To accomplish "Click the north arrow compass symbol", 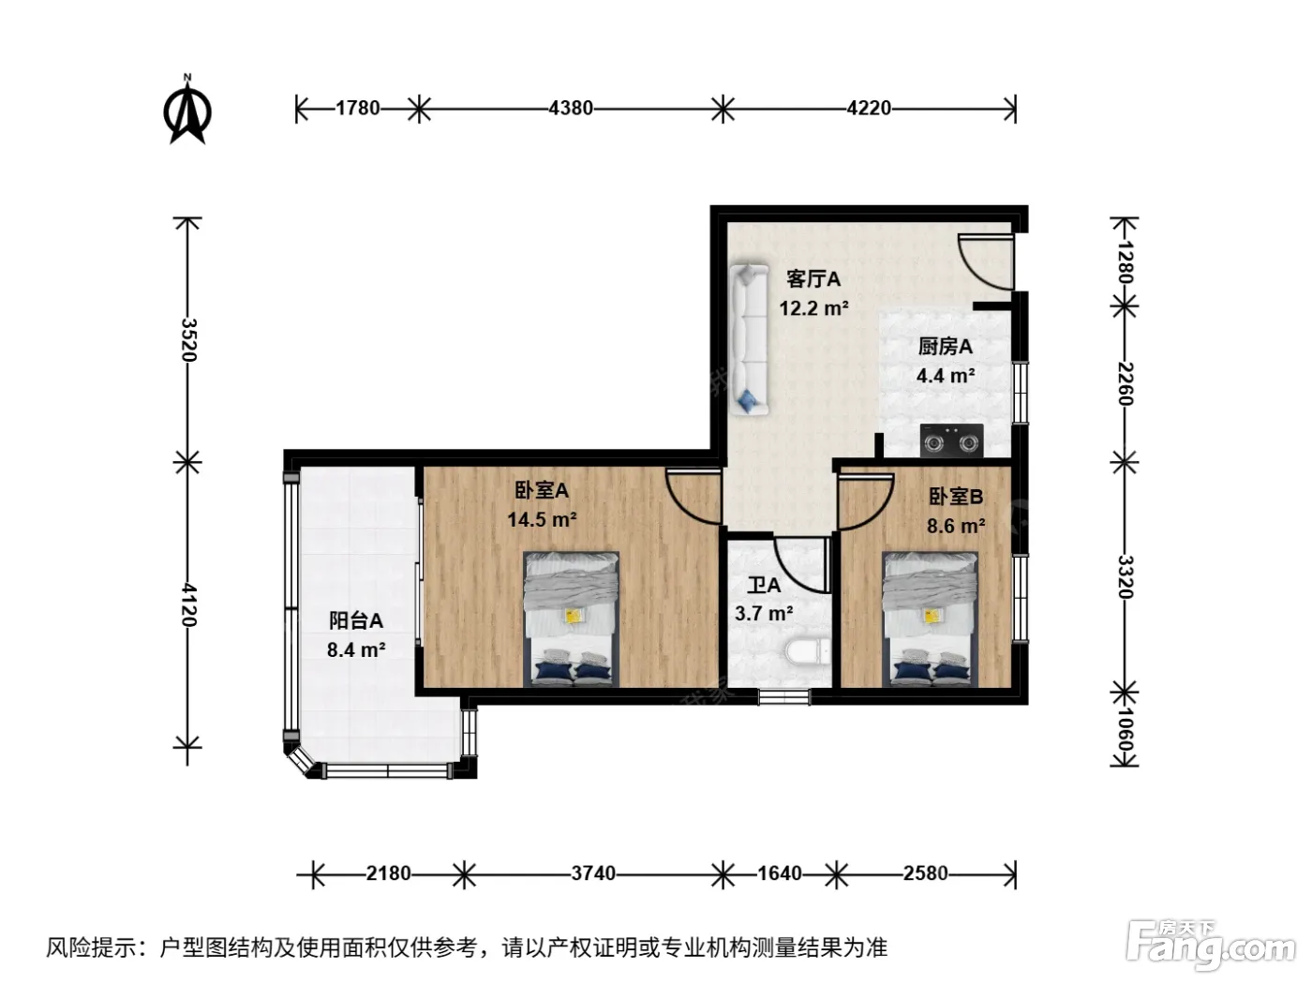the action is click(187, 111).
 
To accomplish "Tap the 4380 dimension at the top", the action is click(571, 108).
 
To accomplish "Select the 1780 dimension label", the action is click(357, 108).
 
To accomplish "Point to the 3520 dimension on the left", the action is click(188, 339).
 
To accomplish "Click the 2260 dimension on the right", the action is click(1125, 383).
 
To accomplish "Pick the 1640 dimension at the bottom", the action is click(780, 873).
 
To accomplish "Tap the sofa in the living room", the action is click(749, 340).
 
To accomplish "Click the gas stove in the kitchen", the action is click(951, 440).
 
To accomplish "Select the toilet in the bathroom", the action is click(808, 651).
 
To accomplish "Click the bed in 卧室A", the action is click(571, 619).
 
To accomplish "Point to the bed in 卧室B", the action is click(930, 619).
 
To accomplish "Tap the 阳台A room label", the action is click(355, 620).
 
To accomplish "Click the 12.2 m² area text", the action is click(813, 308).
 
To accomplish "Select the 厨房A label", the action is click(945, 347).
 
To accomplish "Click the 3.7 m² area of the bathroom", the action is click(764, 614).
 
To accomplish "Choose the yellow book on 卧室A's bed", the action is click(574, 615).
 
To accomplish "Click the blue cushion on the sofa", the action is click(747, 400).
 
